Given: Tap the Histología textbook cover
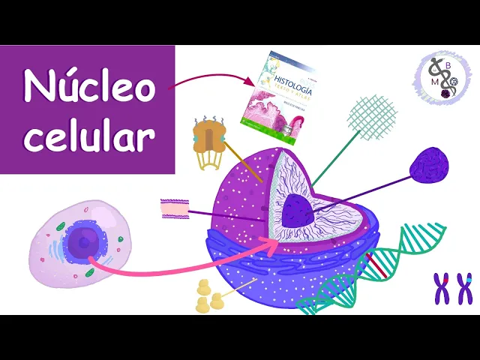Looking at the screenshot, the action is pos(274,88).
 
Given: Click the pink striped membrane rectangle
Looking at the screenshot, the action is pos(173,208).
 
